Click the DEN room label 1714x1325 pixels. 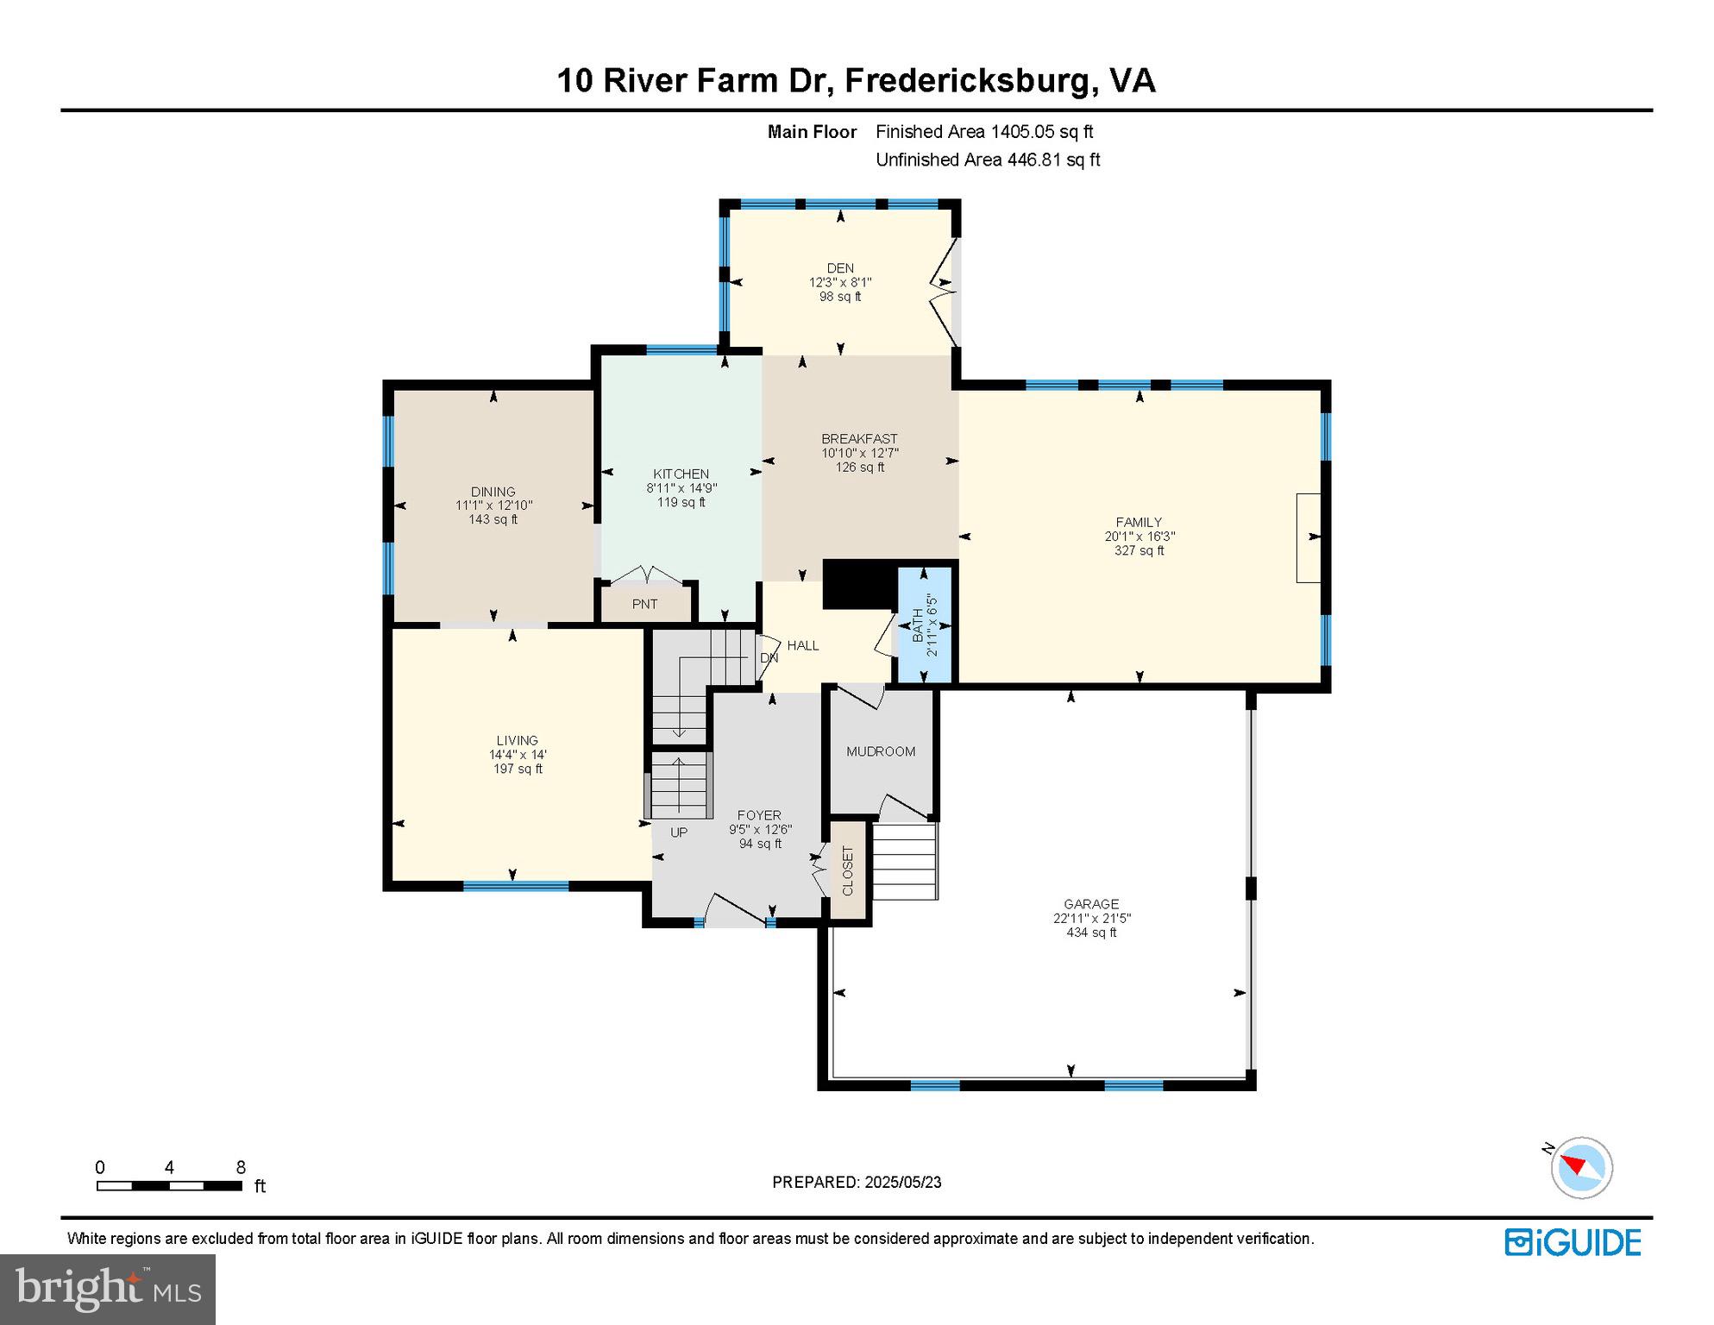tap(840, 268)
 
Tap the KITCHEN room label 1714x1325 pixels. tap(681, 474)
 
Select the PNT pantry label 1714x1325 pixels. tap(645, 604)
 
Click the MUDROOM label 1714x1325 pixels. tap(881, 751)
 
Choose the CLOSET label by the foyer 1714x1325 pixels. tap(847, 870)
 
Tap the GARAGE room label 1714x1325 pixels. tap(1091, 904)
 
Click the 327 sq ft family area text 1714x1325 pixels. tap(1140, 550)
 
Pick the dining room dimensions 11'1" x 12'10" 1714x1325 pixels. tap(494, 506)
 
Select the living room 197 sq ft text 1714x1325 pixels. tap(518, 769)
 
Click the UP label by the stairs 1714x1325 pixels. tap(679, 832)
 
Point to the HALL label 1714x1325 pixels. tap(803, 645)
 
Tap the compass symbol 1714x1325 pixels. tap(1581, 1167)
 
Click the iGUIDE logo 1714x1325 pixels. tap(1573, 1242)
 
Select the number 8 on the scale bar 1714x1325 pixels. tap(241, 1167)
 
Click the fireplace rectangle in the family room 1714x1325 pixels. tap(1309, 537)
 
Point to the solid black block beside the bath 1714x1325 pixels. tap(858, 585)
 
